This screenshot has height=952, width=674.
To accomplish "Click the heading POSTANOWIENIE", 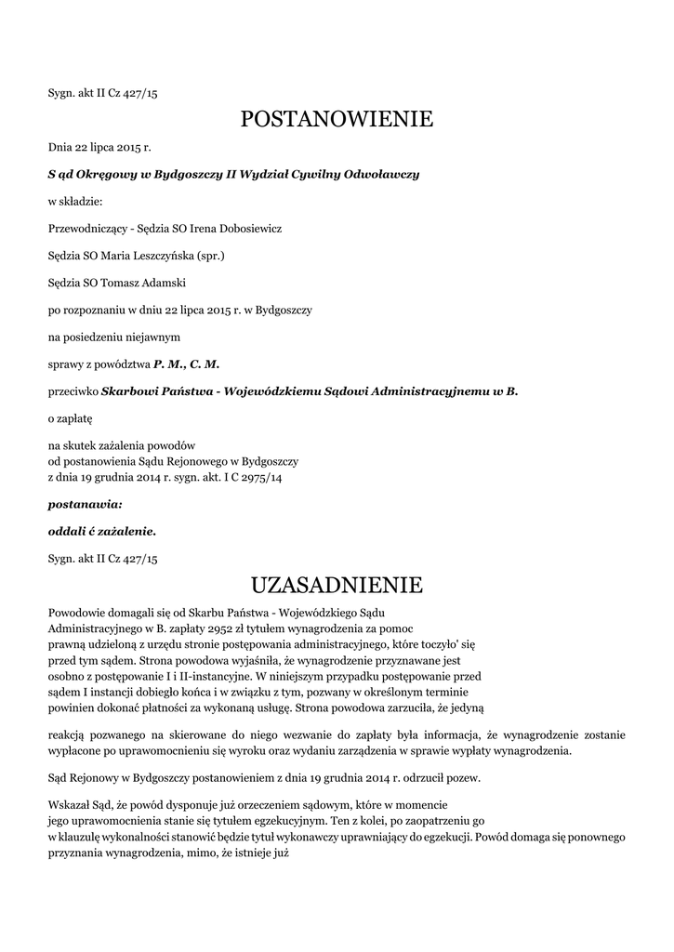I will pyautogui.click(x=337, y=119).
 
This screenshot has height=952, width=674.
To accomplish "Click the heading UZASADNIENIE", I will pyautogui.click(x=337, y=585).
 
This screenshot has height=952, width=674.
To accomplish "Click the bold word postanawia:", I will pyautogui.click(x=85, y=504).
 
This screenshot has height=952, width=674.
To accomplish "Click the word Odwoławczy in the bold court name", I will pyautogui.click(x=382, y=174).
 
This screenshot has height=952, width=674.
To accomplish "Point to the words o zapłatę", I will pyautogui.click(x=71, y=419).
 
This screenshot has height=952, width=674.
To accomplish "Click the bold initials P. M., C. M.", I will pyautogui.click(x=186, y=364).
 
